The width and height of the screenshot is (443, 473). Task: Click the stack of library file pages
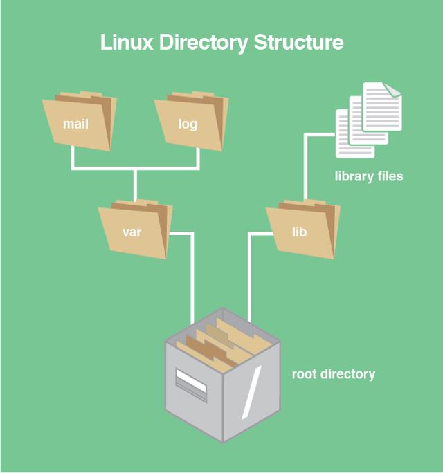click(x=367, y=121)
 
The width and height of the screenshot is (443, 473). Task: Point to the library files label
click(x=368, y=176)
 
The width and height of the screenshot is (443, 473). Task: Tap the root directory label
click(x=333, y=374)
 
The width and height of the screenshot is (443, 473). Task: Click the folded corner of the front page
click(x=392, y=89)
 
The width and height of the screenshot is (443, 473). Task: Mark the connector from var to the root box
click(x=190, y=277)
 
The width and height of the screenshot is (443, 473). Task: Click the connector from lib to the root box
click(x=249, y=277)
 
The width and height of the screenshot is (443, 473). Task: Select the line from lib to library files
click(x=305, y=166)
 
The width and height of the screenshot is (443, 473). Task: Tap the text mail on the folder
click(x=75, y=125)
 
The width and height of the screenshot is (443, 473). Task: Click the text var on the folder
click(x=132, y=232)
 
